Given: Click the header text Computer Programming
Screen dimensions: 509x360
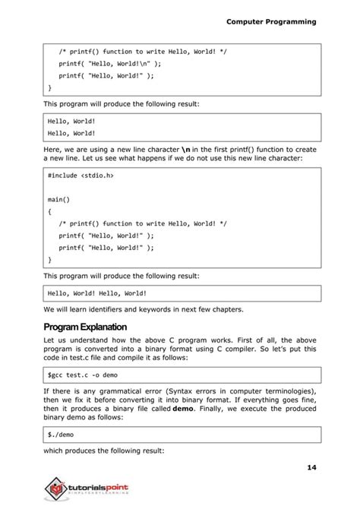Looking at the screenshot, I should click(x=271, y=22).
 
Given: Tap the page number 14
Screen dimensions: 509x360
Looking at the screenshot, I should click(x=311, y=466).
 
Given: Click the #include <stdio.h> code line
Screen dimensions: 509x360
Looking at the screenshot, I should click(x=81, y=175).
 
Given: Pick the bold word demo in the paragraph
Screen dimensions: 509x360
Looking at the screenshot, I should click(x=183, y=409).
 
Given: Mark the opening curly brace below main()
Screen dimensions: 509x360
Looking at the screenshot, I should click(x=49, y=211).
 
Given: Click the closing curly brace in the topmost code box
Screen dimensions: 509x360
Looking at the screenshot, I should click(x=49, y=87).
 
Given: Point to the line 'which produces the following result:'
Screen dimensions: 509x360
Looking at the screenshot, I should click(x=103, y=451).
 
